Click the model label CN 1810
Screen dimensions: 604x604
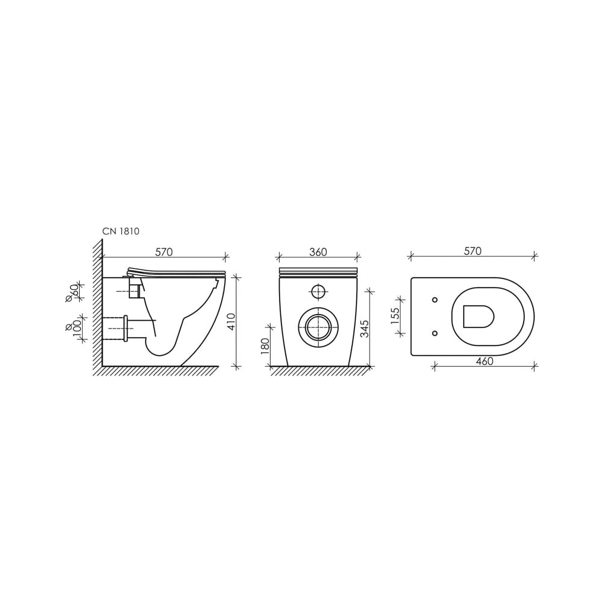tap(121, 231)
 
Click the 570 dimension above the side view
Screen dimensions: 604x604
tap(164, 252)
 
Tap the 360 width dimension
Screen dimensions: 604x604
tap(318, 252)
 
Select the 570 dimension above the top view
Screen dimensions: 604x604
tap(473, 251)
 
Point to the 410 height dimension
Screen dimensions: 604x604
tap(231, 322)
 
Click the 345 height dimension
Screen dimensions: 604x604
tap(364, 328)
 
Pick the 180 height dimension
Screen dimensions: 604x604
tap(265, 346)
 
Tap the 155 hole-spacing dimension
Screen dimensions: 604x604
tap(395, 316)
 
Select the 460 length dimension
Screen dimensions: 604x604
tap(484, 361)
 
